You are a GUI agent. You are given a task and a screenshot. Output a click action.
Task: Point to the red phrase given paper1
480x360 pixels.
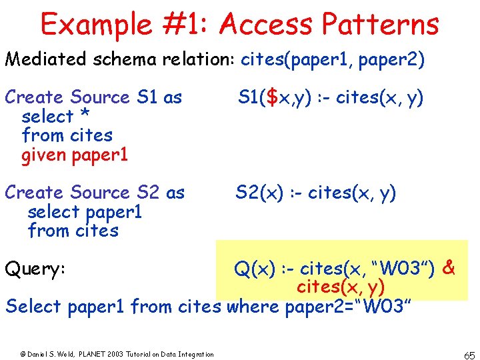[75, 155]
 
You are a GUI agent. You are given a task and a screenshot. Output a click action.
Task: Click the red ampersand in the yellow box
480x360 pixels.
[449, 268]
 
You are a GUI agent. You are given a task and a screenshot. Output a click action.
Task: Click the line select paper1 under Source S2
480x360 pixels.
[85, 212]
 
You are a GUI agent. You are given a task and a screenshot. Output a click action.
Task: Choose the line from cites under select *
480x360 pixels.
[67, 135]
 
